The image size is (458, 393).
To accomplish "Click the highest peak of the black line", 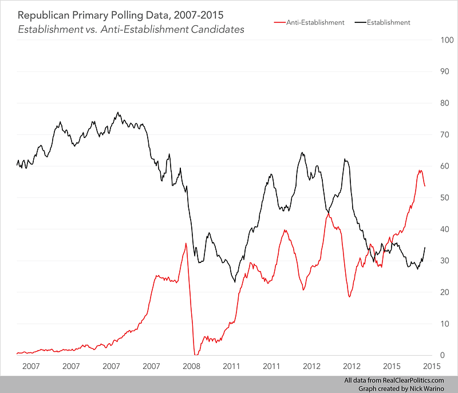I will pos(118,112).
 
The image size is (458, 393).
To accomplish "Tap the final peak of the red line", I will pos(420,170).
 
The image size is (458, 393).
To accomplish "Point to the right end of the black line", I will pos(425,247).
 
